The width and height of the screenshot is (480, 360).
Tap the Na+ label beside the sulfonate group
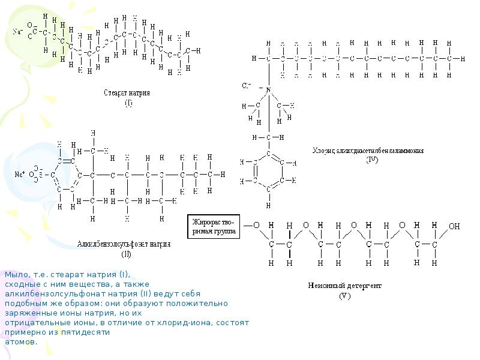[x=19, y=174]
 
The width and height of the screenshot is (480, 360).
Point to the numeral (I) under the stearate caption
[x=128, y=103]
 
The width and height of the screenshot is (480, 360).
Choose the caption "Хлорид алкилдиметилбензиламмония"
[x=368, y=151]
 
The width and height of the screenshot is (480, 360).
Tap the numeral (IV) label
[x=372, y=160]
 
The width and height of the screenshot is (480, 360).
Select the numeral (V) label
[x=344, y=295]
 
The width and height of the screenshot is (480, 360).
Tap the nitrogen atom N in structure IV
[x=269, y=90]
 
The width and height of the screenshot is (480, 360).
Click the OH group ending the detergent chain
[x=454, y=226]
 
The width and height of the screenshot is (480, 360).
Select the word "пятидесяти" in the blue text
[x=90, y=332]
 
